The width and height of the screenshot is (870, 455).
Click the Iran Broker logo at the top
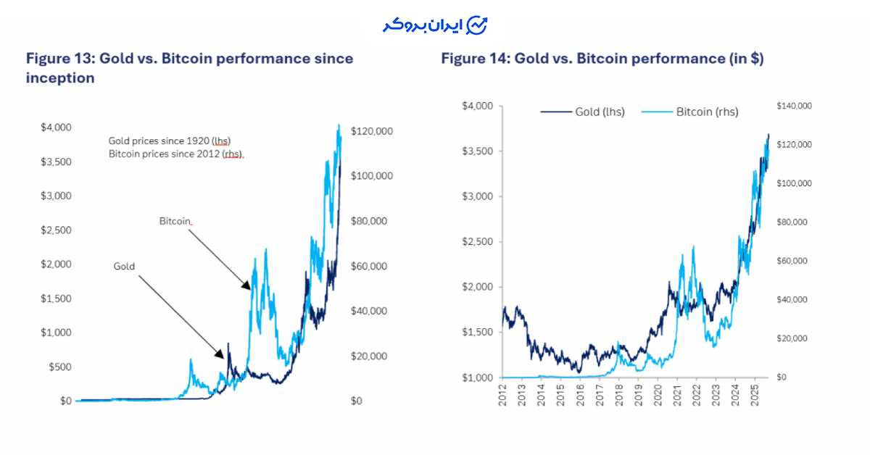tap(435, 25)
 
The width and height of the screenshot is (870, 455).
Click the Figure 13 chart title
tap(189, 67)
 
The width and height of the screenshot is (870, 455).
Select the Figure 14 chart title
tap(602, 59)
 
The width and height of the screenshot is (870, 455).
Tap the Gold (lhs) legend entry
tap(582, 112)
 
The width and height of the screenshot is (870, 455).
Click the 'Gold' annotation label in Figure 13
tap(125, 267)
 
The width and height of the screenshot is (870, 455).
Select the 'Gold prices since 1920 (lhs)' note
tap(170, 141)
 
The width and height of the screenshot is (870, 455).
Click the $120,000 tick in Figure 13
tap(371, 131)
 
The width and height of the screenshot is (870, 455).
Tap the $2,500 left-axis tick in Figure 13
tap(55, 230)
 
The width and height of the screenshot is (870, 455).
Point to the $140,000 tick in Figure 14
tap(794, 107)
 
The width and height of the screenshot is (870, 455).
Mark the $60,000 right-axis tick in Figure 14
tap(792, 261)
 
